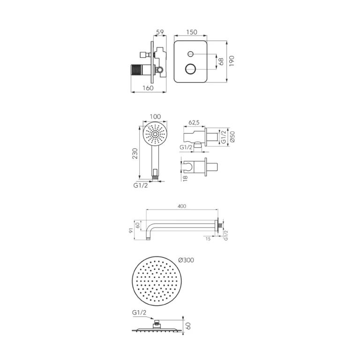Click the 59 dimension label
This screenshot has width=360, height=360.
pos(160,32)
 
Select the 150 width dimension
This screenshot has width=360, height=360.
pos(191,32)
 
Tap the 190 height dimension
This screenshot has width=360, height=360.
pos(232,61)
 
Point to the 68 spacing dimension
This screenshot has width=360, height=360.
pos(221,61)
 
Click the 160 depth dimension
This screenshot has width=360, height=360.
pos(148,88)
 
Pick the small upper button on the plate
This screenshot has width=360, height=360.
pos(191,54)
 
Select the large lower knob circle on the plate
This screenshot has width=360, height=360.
pos(191,68)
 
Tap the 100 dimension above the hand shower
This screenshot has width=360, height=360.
pos(155,117)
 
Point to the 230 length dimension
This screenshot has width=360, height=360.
pos(135,154)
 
